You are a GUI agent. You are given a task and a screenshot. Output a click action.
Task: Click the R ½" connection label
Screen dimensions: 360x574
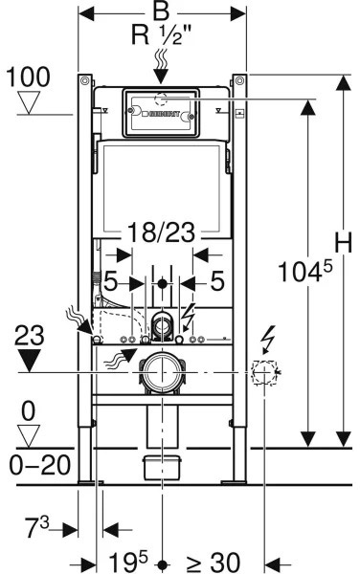(x=161, y=36)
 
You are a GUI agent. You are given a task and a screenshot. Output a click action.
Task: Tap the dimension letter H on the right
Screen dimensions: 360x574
(x=343, y=242)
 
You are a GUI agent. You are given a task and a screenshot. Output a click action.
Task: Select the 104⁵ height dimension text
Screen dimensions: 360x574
(x=305, y=271)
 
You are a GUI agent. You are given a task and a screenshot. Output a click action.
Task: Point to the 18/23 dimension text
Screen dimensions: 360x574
(x=161, y=232)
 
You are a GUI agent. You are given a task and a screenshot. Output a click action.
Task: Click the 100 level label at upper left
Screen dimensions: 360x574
(x=28, y=77)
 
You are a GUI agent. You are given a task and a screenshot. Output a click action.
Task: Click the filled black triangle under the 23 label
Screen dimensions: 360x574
(x=30, y=361)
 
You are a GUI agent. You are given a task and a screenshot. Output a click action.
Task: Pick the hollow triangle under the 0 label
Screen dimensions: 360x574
(x=29, y=436)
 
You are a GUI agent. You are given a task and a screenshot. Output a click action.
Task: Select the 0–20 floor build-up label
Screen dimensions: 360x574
(x=39, y=466)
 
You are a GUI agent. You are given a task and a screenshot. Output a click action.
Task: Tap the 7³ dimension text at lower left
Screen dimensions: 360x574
(x=36, y=528)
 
